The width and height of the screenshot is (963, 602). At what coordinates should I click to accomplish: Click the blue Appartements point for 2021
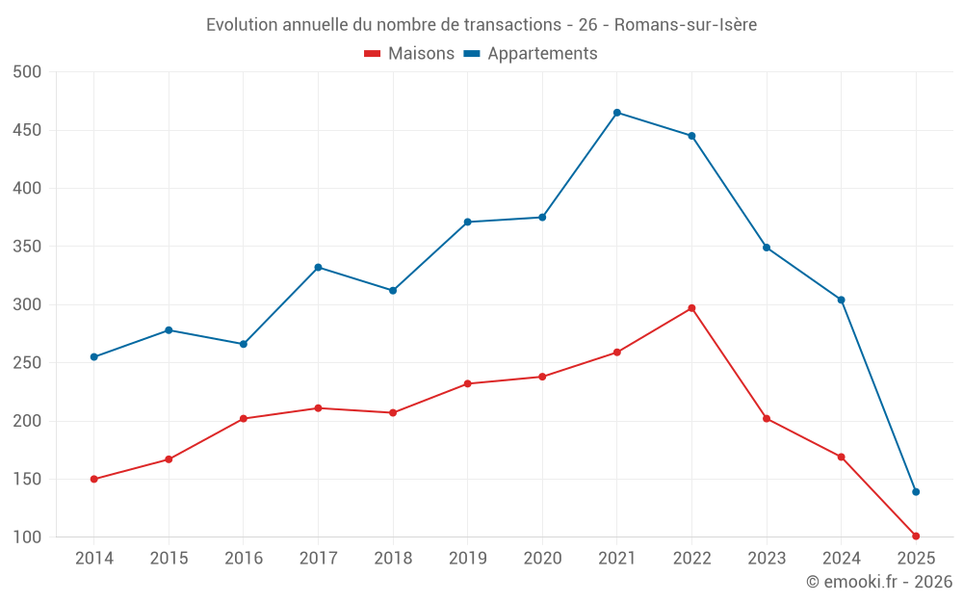tap(616, 113)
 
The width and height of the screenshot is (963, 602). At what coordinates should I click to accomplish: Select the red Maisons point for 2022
tap(691, 308)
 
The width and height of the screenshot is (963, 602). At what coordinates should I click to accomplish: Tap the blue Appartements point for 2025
tap(916, 492)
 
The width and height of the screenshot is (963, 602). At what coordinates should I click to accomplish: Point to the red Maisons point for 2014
tap(93, 479)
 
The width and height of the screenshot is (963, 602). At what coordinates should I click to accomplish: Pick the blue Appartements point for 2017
tap(318, 267)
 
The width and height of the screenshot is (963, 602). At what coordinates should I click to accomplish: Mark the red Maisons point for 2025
tap(916, 536)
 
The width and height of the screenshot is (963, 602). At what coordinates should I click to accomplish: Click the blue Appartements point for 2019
tap(467, 222)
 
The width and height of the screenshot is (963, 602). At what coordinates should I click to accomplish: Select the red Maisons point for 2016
tap(243, 418)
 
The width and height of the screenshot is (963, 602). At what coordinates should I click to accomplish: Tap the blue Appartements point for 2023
tap(767, 248)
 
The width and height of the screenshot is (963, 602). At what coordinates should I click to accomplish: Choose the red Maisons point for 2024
tap(841, 457)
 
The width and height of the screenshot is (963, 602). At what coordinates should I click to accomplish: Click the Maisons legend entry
tap(409, 54)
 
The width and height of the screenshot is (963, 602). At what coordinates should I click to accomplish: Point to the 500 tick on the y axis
tap(28, 72)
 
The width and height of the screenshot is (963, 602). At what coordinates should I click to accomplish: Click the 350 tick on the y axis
tap(28, 247)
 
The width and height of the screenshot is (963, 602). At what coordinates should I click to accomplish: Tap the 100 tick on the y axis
tap(28, 537)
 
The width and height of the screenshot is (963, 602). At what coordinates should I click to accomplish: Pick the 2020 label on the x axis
tap(542, 559)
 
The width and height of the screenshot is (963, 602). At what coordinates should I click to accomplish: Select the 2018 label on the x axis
tap(393, 559)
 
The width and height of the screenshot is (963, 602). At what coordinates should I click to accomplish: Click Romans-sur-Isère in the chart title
tap(685, 25)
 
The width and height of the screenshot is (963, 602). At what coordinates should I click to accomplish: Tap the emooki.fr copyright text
tap(879, 582)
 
